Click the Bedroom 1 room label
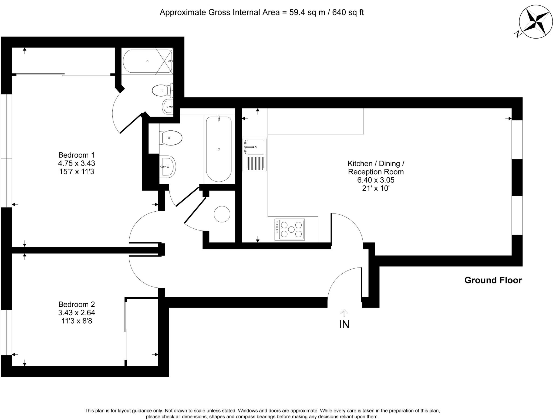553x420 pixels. pos(76,155)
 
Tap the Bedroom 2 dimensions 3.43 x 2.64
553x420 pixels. pos(76,313)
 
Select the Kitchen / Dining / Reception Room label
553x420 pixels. pos(376,167)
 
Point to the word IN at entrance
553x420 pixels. pos(344,324)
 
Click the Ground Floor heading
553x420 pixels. pos(493,280)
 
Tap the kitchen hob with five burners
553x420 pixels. pos(289,229)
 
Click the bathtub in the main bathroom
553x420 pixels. pos(219,149)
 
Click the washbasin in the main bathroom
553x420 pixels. pos(168,167)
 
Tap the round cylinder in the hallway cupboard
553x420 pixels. pos(222,214)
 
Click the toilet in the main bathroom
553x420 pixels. pos(171,138)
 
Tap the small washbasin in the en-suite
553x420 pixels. pos(168,107)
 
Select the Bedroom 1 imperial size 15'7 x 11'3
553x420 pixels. pos(76,172)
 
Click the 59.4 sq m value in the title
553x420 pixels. pos(307,12)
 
